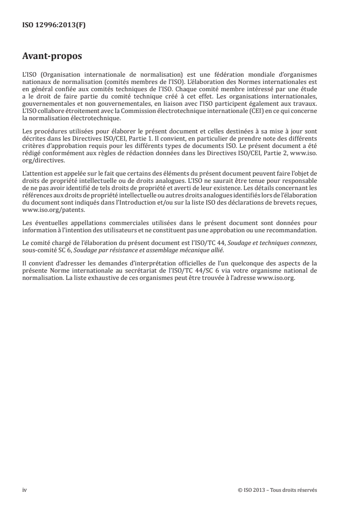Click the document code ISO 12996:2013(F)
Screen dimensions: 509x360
54,25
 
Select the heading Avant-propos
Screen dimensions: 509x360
52,58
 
